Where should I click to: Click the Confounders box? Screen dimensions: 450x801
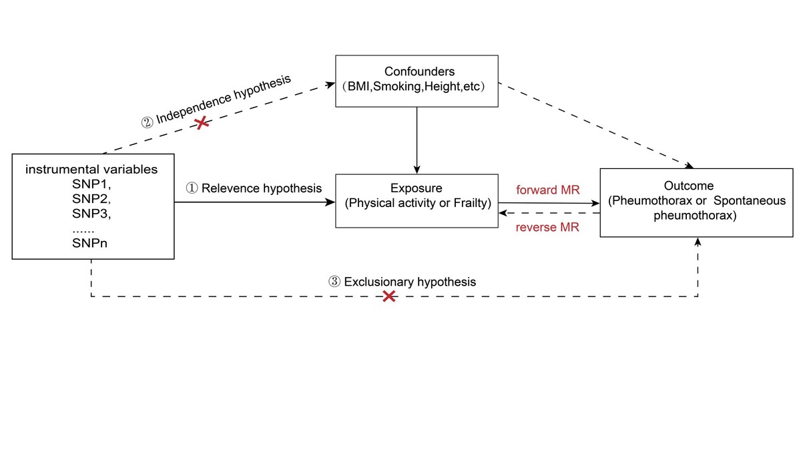pos(417,80)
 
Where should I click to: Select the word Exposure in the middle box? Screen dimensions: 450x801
pos(416,189)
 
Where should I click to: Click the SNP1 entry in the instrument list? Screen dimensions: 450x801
pos(91,184)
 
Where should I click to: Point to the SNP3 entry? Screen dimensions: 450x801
pos(91,214)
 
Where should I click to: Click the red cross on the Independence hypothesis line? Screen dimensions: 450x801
pos(200,122)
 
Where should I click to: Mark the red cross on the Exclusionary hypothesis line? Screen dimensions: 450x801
pos(388,295)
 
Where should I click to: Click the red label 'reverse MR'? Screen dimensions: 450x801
pos(547,227)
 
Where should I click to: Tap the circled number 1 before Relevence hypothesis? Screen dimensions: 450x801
pos(191,188)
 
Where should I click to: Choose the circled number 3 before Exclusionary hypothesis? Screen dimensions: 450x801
pos(334,282)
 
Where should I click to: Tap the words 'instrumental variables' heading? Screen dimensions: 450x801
pos(91,169)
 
